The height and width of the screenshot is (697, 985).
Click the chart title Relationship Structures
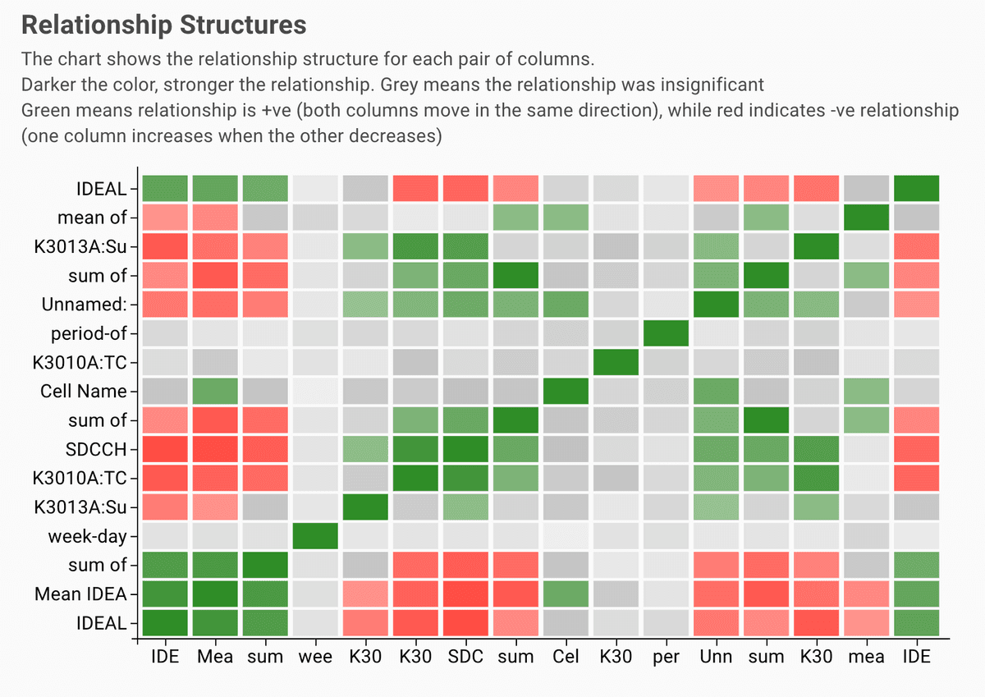point(163,25)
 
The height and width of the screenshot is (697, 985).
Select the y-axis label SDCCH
point(97,449)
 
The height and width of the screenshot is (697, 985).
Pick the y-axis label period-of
point(89,333)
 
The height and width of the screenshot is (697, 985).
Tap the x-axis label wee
point(315,656)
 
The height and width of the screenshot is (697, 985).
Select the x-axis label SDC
point(465,656)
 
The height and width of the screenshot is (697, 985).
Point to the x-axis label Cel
point(566,656)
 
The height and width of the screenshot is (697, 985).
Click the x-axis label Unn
point(716,656)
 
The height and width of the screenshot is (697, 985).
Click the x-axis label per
point(666,656)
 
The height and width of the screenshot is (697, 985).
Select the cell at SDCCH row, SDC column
point(465,449)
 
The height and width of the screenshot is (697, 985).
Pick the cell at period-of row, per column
point(666,333)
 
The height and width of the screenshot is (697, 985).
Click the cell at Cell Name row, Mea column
point(215,391)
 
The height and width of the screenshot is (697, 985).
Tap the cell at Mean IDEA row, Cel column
point(566,593)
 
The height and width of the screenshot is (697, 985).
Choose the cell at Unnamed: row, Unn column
point(716,305)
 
